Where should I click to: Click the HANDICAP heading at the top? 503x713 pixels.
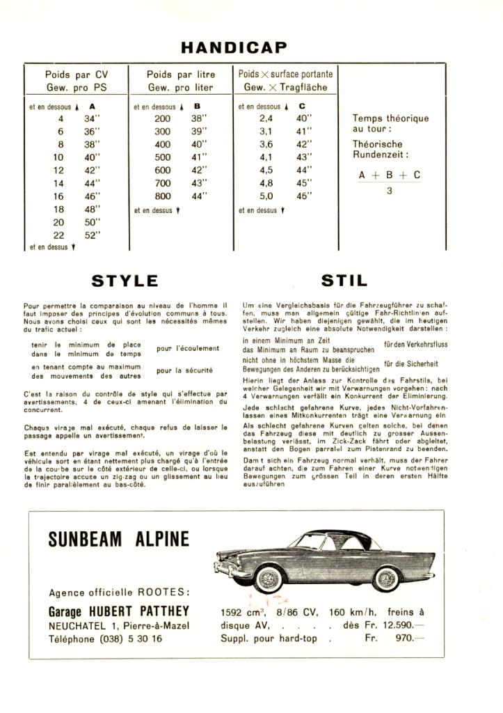point(234,47)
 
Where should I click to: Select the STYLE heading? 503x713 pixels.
point(125,281)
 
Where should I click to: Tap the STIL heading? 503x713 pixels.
point(344,281)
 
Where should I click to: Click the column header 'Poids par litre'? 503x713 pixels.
point(181,74)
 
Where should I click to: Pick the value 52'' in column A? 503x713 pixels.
point(93,235)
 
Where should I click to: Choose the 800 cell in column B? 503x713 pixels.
point(162,196)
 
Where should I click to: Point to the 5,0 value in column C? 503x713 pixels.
point(266,196)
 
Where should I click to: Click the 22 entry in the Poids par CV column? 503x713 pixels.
point(58,235)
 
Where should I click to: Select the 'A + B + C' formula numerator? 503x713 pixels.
point(390,175)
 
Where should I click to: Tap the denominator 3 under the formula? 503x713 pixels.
point(390,191)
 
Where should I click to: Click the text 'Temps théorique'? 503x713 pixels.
point(390,118)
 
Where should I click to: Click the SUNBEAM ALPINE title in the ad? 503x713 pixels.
point(118,540)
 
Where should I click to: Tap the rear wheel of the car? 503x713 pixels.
point(385,578)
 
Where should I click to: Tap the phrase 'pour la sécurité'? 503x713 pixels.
point(184,370)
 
